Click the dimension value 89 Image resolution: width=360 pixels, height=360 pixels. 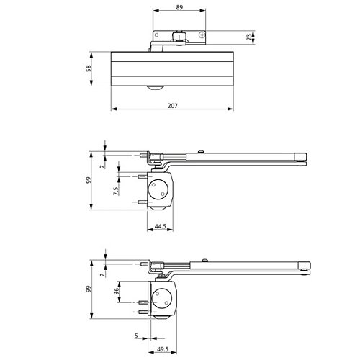point(179,7)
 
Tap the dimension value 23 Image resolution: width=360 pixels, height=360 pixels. point(249,37)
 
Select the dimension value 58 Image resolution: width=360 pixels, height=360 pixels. point(89,68)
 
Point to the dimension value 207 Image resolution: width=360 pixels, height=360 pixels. point(173,106)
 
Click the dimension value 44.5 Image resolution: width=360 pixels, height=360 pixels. point(161,226)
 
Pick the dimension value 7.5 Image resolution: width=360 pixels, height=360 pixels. point(116,191)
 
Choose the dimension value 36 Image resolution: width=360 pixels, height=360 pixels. point(116,291)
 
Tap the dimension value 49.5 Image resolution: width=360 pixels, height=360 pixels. point(163,349)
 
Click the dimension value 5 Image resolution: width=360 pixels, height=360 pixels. point(136,335)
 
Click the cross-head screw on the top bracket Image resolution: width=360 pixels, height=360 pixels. point(202,35)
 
